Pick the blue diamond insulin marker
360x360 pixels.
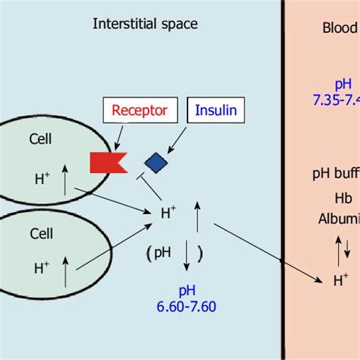[156, 161]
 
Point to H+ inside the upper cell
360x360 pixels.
[43, 179]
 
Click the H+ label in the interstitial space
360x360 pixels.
[169, 215]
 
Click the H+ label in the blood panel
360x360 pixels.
[342, 280]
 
